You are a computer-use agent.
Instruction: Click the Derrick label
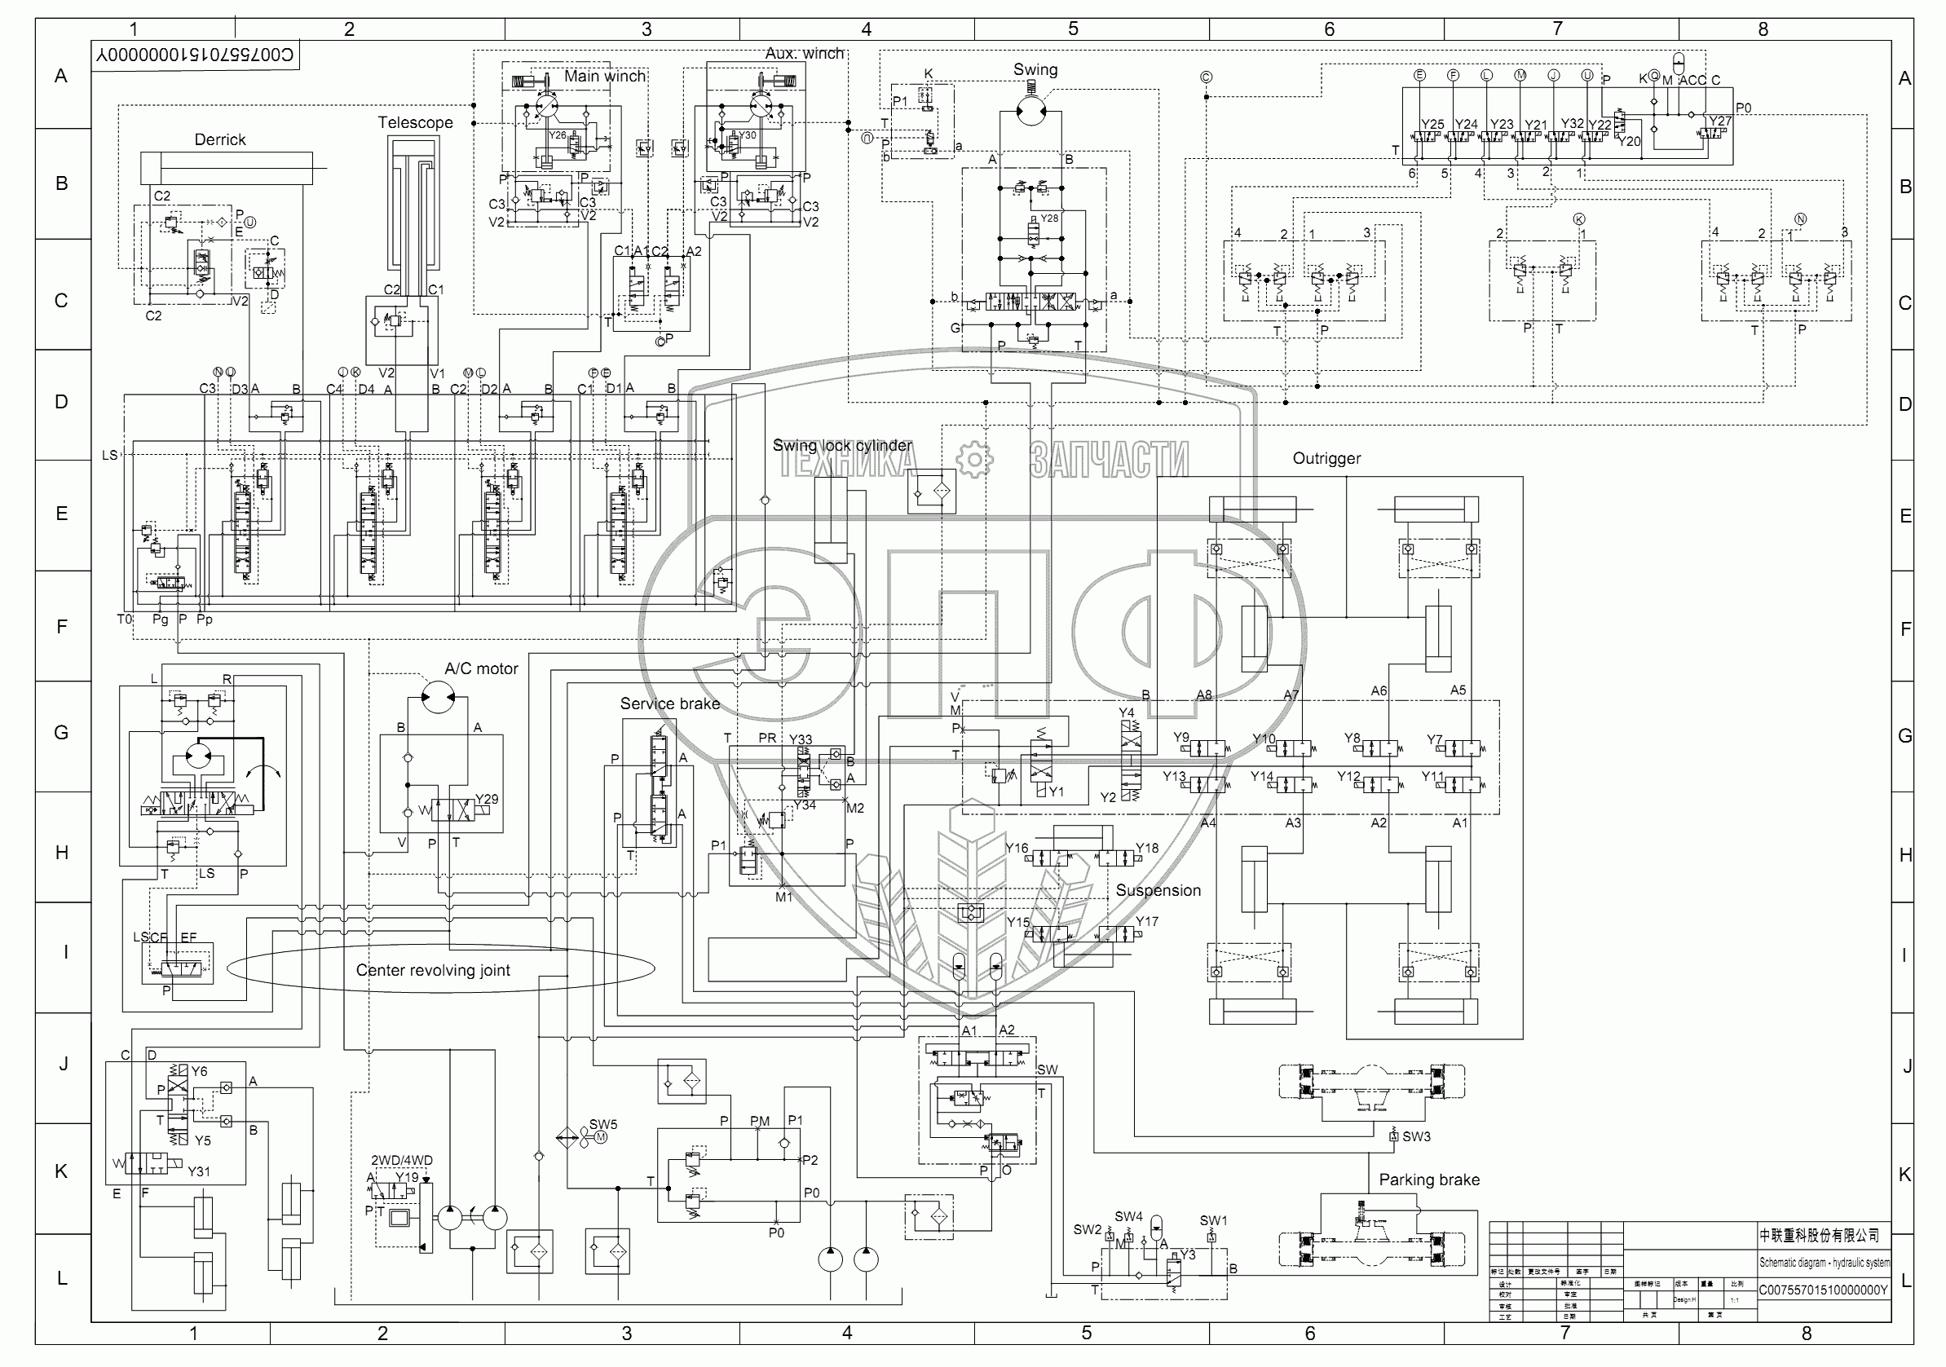point(219,140)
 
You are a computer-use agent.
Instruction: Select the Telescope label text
point(414,123)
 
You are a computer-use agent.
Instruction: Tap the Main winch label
point(604,77)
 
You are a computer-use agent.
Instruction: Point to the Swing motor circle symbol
point(1030,109)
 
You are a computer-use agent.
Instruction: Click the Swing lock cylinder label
point(841,446)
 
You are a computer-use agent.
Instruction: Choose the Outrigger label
point(1326,458)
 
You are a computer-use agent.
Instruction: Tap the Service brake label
point(669,703)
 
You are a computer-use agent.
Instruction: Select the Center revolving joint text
point(432,970)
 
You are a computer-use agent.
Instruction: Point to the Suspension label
point(1157,891)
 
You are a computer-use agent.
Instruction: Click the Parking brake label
point(1428,1180)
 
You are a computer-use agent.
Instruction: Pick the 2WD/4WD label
point(402,1160)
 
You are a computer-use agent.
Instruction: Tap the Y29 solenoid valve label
point(487,799)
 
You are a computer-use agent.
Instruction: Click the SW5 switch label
point(602,1125)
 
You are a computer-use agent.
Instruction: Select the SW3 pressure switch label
point(1415,1136)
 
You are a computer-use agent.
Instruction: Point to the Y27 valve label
point(1719,121)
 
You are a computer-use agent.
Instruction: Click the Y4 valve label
point(1126,712)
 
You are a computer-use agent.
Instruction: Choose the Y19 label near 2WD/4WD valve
point(407,1177)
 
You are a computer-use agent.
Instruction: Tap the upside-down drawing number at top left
point(195,55)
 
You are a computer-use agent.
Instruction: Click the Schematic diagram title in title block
point(1823,1263)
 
